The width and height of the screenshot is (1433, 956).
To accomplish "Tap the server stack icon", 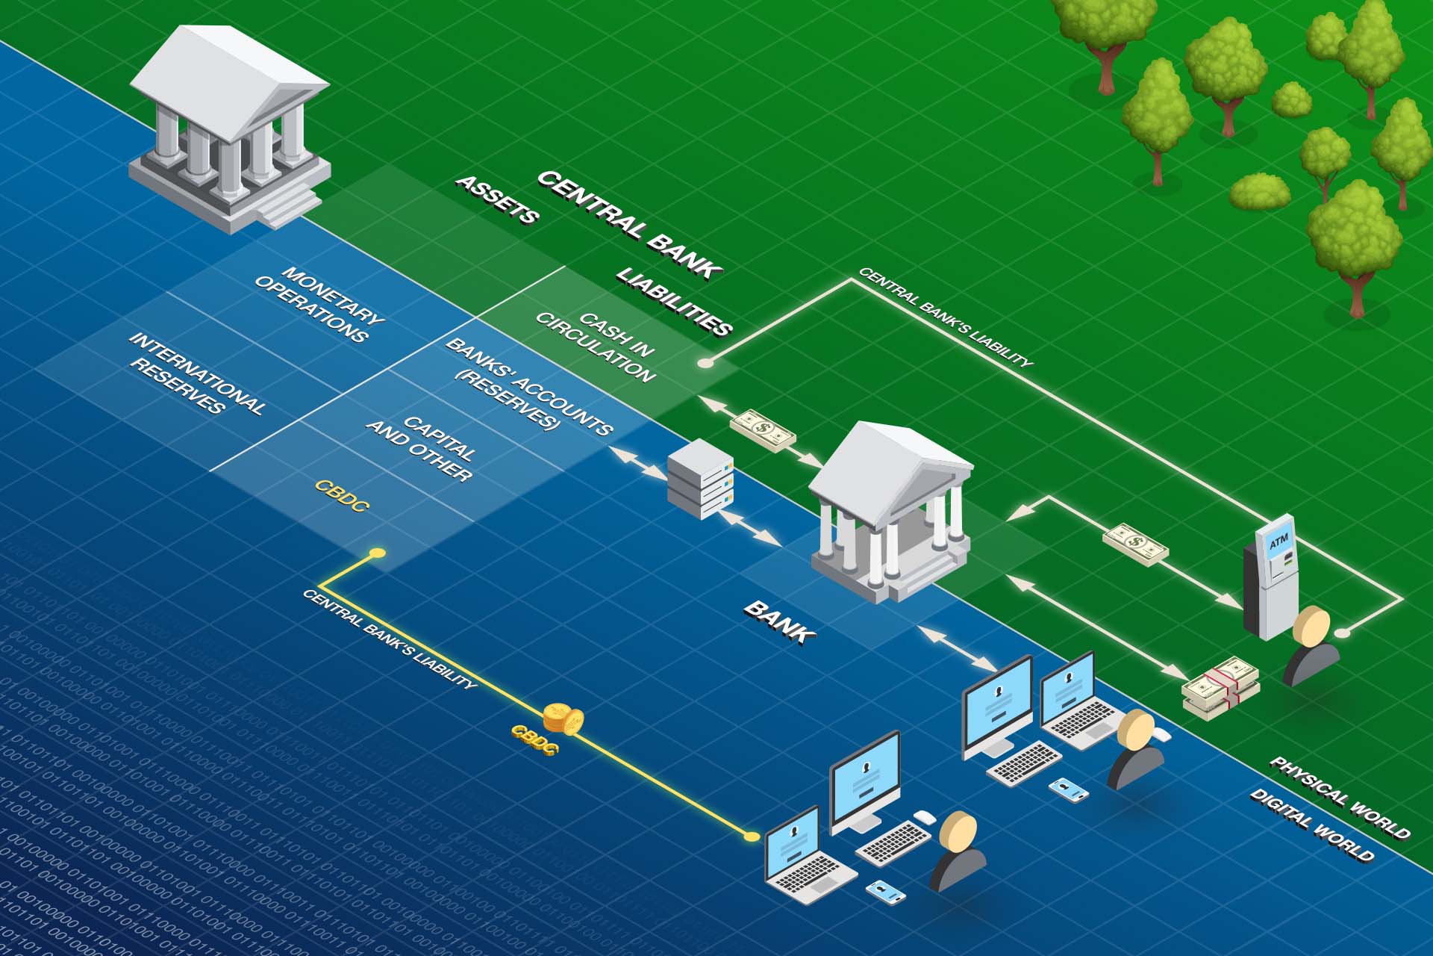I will click(700, 479).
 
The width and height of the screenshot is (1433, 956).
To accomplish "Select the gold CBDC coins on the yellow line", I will click(563, 718).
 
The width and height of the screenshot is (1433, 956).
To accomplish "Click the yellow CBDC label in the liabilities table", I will click(342, 496).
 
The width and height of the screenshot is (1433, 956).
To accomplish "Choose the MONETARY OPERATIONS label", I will click(319, 305).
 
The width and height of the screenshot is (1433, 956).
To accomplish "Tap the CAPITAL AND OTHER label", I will click(420, 448).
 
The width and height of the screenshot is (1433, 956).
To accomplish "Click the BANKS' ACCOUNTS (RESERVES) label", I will click(528, 386).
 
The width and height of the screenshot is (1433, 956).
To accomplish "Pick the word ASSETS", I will click(497, 199).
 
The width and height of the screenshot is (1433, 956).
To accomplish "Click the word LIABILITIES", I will click(674, 302).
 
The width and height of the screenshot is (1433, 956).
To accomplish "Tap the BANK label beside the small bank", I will click(779, 621).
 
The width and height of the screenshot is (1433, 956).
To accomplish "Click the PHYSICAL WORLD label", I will click(1340, 797).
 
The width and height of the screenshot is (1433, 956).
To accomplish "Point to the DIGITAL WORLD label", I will click(1311, 825).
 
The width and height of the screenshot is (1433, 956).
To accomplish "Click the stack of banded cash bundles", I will click(1220, 688).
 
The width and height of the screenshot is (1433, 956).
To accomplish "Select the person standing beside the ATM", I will click(1311, 645).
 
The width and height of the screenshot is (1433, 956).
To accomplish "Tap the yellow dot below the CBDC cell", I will click(378, 553).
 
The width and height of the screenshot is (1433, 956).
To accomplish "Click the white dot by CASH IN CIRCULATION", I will click(703, 363).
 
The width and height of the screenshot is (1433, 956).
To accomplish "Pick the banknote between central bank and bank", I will click(762, 430).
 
